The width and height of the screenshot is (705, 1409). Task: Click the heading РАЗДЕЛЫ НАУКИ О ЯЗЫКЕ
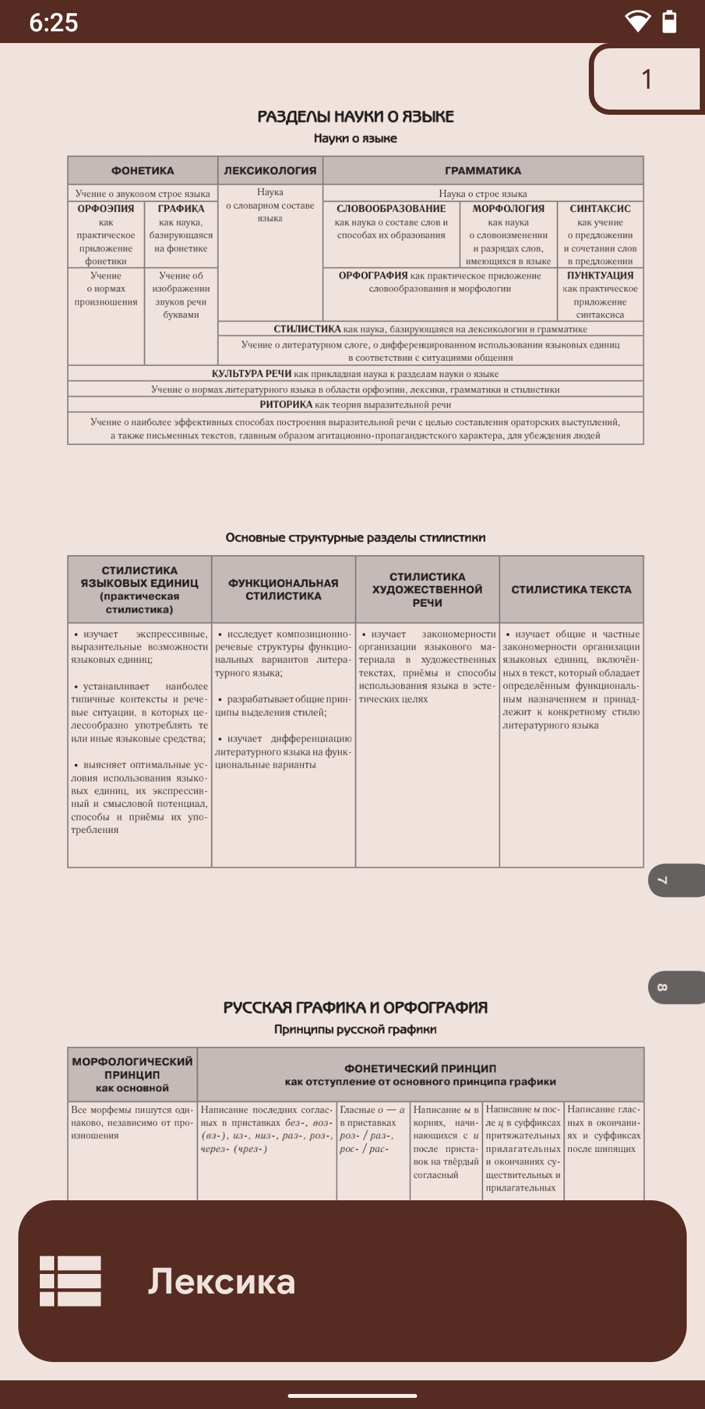[355, 117]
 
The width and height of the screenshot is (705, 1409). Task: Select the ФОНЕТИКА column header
[142, 171]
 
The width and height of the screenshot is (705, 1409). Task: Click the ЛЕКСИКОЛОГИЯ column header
[270, 171]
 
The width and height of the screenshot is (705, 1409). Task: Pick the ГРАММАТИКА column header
[483, 171]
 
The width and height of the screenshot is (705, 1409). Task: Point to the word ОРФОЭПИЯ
[106, 209]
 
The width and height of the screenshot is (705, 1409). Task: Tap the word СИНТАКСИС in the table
[600, 209]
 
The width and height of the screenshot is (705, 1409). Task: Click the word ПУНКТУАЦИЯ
[600, 275]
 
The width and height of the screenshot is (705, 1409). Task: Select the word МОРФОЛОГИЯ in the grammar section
[509, 209]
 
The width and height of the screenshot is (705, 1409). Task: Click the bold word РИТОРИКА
[286, 404]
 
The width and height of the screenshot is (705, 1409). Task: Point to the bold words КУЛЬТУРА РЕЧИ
[251, 374]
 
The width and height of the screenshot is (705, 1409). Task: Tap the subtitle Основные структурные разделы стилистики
[355, 538]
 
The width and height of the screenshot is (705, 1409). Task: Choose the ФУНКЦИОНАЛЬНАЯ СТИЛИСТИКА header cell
[283, 589]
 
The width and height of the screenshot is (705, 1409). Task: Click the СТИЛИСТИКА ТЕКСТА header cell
[571, 589]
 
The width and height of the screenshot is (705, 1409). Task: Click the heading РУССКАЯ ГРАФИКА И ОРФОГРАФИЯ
[355, 1007]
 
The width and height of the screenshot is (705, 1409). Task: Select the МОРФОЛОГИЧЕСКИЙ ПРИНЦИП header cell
[133, 1074]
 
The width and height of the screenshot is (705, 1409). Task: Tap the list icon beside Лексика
[70, 1280]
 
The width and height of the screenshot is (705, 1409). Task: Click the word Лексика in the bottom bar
[221, 1281]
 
